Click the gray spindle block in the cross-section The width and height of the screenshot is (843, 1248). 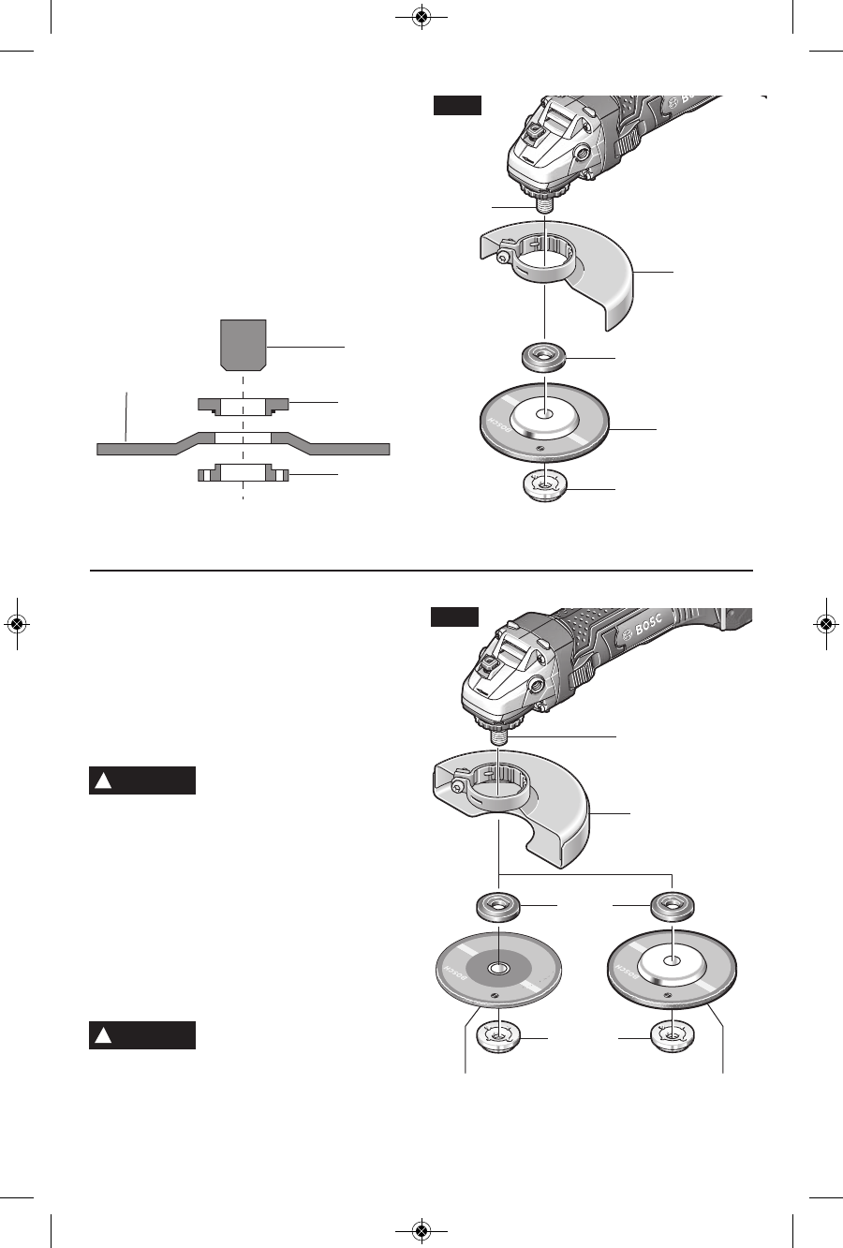(x=244, y=343)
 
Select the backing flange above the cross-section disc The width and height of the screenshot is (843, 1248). (x=243, y=405)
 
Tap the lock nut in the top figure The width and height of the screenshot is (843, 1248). (x=544, y=487)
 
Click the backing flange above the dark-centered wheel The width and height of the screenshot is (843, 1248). (x=499, y=907)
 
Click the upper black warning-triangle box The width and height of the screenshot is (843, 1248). (x=142, y=780)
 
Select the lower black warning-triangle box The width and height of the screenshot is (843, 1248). (x=142, y=1035)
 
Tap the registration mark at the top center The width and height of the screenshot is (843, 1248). (x=421, y=18)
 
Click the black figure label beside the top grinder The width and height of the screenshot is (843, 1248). (x=457, y=106)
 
